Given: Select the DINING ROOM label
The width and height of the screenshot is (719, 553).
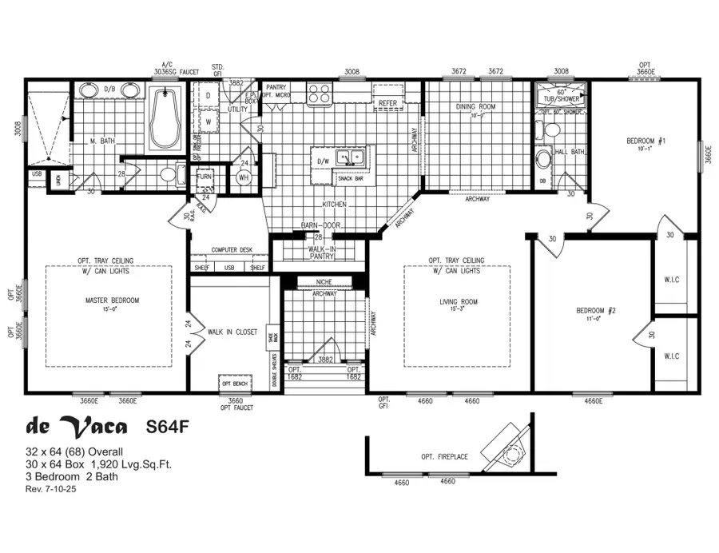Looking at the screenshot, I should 476,106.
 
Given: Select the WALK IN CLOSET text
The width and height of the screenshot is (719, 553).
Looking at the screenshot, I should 232,331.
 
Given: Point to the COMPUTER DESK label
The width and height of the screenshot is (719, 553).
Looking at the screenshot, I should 232,250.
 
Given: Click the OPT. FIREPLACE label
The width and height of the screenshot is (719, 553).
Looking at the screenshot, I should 443,456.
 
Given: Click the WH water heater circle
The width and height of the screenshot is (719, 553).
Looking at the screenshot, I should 244,177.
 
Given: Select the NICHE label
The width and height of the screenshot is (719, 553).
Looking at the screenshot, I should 324,281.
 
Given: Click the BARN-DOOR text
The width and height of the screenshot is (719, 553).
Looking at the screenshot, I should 321,226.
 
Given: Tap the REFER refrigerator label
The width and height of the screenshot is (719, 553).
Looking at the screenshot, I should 387,103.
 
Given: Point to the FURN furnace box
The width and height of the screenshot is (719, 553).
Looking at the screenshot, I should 205,177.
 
